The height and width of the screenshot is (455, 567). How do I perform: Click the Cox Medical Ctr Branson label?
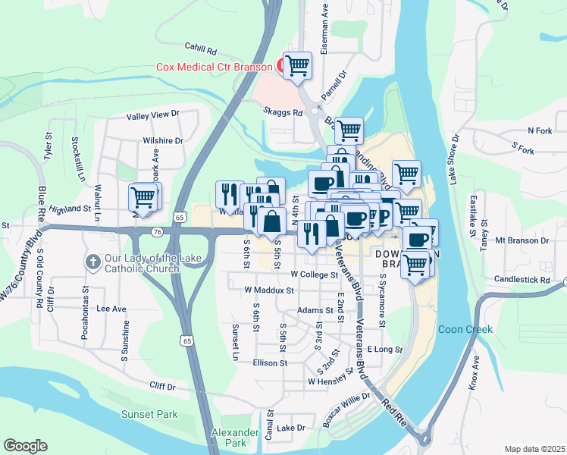[214, 67]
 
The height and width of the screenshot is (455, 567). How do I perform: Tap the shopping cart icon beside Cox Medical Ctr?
[299, 65]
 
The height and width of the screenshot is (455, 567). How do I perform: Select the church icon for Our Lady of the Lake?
[92, 262]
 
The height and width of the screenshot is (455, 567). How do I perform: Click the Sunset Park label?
[149, 414]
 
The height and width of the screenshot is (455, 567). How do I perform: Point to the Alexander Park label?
[230, 437]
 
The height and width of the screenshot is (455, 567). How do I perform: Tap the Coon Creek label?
[465, 329]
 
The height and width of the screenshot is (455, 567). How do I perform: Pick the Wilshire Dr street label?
[163, 140]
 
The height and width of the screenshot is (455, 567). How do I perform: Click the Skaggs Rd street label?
[283, 112]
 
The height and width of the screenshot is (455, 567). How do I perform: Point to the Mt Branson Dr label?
[521, 240]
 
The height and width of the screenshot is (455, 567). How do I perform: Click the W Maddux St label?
[268, 290]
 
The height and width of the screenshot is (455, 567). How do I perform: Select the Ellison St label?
[271, 362]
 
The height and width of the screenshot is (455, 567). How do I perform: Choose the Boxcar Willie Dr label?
[346, 409]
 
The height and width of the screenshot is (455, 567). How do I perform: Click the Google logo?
[25, 446]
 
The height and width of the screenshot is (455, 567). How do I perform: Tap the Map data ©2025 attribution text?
[534, 449]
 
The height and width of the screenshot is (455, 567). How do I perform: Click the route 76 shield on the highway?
[156, 231]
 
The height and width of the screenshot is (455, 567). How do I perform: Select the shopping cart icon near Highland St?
[143, 197]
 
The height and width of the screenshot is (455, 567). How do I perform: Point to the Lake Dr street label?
[290, 428]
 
